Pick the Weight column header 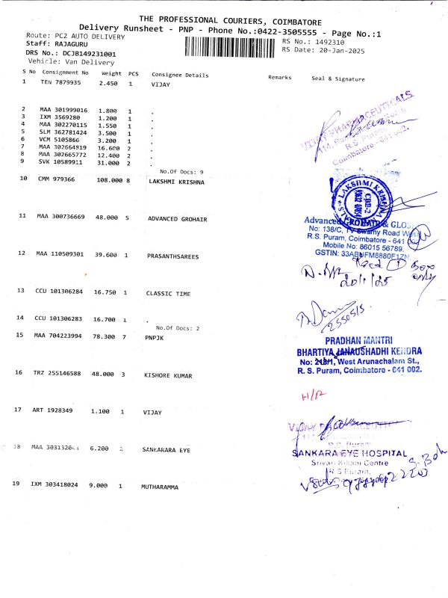pos(111,74)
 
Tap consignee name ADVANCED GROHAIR pos(177,218)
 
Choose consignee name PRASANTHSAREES pos(173,255)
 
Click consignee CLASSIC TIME pos(168,294)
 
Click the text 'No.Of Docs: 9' pos(181,172)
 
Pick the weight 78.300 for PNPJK pos(110,336)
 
